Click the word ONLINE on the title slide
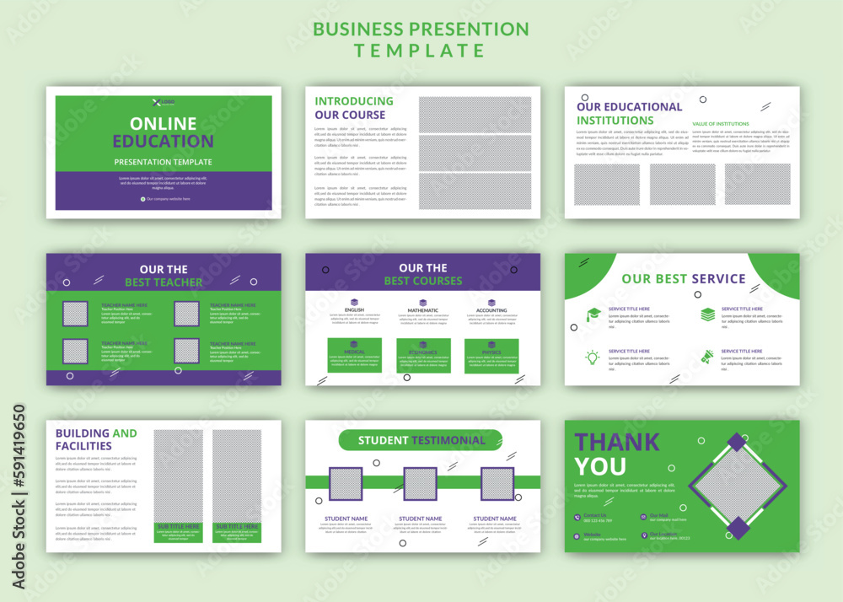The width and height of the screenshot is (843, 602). [x=164, y=124]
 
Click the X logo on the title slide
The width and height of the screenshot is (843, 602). [x=156, y=102]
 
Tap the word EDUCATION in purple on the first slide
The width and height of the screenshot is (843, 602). [x=164, y=142]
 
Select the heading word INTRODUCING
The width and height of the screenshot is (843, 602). [x=354, y=101]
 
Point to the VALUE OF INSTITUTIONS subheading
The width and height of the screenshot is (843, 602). [x=721, y=124]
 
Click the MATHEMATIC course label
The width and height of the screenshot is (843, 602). [x=423, y=310]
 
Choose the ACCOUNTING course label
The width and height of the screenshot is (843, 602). [x=491, y=310]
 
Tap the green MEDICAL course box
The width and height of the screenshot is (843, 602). [x=354, y=355]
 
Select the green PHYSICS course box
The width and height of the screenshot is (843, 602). [x=491, y=355]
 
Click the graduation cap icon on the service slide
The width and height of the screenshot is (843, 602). [x=593, y=314]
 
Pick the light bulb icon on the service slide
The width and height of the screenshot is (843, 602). [x=593, y=357]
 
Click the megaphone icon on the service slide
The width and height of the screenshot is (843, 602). [x=707, y=357]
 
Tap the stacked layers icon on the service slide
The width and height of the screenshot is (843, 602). [x=707, y=314]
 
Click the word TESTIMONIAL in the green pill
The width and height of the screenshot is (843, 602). [x=448, y=440]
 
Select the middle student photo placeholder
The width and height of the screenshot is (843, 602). [x=420, y=484]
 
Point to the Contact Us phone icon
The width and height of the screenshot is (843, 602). [x=577, y=517]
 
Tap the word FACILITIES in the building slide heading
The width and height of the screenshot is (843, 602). [x=83, y=446]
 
